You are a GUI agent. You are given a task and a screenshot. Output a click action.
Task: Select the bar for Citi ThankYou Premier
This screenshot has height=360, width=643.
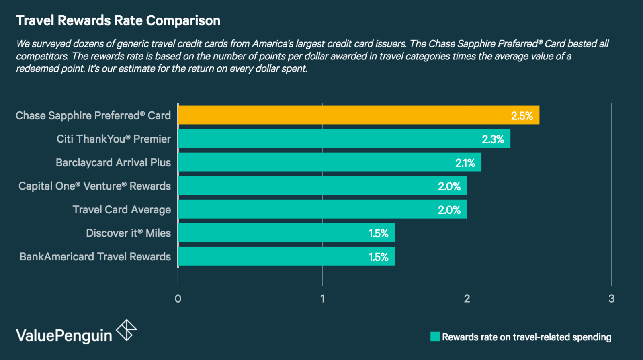(x=344, y=139)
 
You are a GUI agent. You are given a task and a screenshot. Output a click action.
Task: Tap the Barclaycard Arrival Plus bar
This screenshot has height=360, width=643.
(x=330, y=162)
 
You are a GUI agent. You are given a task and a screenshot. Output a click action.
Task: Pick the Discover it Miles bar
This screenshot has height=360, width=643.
(x=286, y=233)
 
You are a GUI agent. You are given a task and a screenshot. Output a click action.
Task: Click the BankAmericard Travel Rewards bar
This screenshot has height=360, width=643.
(x=286, y=256)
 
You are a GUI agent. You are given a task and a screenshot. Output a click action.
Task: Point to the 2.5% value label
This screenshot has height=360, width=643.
(x=522, y=116)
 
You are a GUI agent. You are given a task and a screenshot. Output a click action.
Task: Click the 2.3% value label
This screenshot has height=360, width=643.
(x=493, y=139)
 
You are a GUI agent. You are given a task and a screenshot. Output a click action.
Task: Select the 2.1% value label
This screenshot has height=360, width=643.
(x=465, y=163)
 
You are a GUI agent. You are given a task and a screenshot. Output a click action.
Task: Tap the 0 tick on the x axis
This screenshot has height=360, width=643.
(x=178, y=299)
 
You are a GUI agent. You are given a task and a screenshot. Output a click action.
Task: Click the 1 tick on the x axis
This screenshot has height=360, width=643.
(x=322, y=299)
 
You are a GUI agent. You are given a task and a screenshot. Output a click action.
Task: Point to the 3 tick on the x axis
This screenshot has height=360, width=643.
(x=611, y=299)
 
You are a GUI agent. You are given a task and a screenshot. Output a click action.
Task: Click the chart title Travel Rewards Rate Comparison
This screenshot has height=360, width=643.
(x=118, y=20)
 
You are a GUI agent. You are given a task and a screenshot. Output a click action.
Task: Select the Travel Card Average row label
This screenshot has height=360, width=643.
(x=122, y=210)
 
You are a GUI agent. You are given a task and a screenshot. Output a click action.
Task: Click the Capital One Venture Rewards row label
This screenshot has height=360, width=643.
(x=94, y=186)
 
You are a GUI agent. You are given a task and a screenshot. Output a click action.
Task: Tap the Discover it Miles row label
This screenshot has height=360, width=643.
(x=128, y=233)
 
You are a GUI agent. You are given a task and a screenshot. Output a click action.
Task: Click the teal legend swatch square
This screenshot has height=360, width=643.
(x=435, y=337)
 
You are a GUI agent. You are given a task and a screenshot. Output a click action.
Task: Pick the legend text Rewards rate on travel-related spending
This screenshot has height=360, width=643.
(x=526, y=337)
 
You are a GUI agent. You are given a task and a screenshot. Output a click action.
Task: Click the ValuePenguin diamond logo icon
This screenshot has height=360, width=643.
(x=127, y=330)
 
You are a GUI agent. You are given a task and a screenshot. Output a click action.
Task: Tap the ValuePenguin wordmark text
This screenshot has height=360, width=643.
(x=64, y=335)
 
